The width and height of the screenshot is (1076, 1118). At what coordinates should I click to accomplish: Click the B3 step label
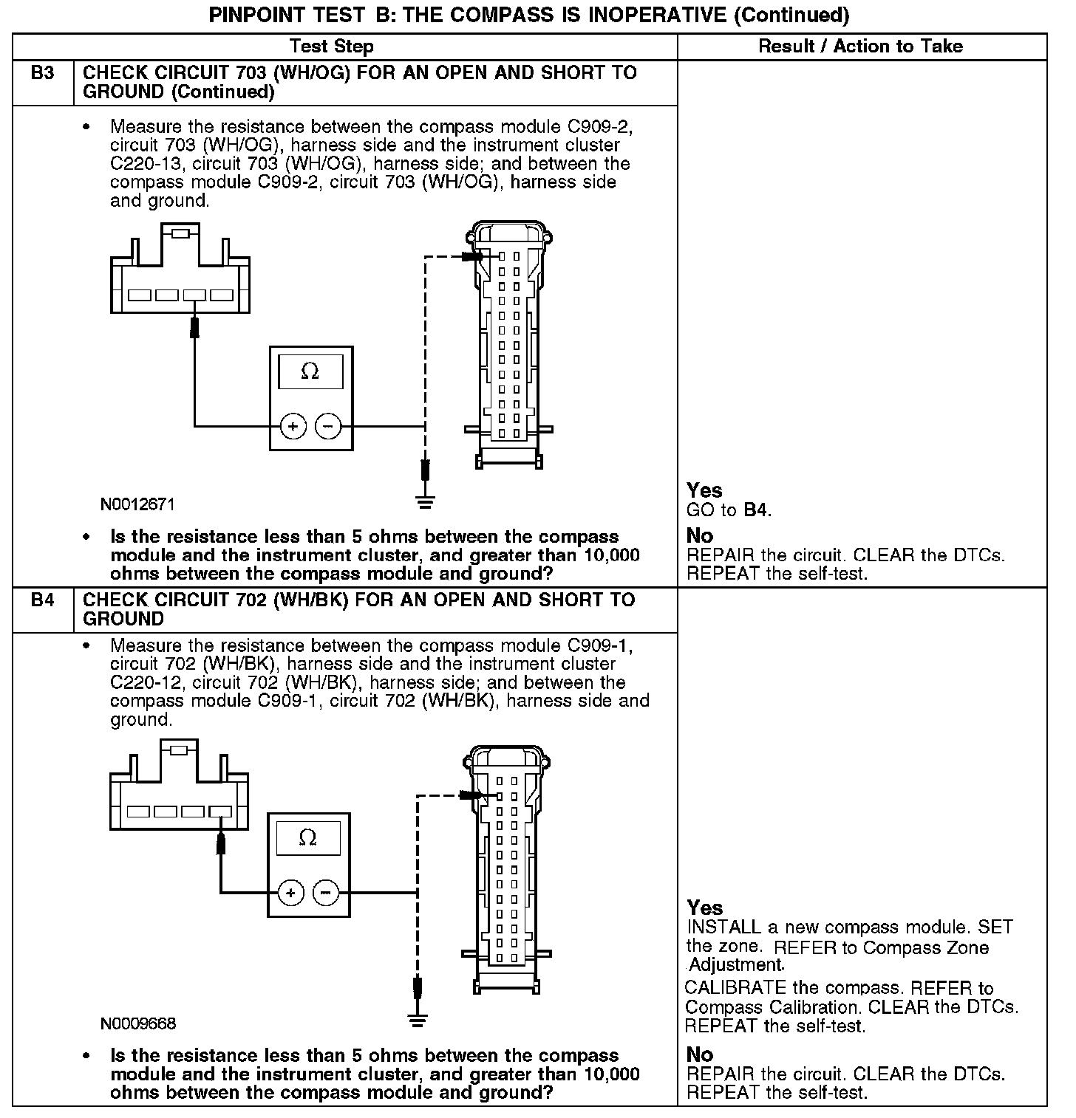[43, 73]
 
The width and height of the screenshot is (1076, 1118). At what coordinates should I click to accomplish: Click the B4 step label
[43, 600]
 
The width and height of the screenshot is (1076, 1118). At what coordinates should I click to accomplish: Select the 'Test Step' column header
[332, 47]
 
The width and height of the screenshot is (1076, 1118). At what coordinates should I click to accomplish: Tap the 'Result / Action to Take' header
[861, 47]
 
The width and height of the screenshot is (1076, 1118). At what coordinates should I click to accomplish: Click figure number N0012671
[138, 505]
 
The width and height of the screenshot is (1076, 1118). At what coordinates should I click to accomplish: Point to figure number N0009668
[138, 1023]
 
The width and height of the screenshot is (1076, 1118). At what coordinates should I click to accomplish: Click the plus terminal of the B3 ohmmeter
[293, 426]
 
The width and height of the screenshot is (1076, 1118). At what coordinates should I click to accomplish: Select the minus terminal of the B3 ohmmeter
[329, 426]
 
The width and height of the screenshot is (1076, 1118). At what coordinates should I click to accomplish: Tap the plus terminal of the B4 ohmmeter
[291, 894]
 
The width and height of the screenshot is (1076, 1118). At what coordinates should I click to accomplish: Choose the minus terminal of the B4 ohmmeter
[326, 894]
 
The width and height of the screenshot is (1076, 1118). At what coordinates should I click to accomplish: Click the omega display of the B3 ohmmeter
[310, 372]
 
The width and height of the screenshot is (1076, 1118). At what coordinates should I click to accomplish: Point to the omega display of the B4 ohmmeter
[308, 838]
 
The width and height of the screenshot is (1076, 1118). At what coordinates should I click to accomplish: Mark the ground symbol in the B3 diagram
[425, 503]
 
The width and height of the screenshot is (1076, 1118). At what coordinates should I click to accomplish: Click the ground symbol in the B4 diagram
[418, 1021]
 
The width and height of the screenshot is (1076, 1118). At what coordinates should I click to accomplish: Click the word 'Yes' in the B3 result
[704, 490]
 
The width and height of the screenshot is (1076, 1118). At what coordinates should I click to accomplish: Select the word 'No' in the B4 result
[700, 1054]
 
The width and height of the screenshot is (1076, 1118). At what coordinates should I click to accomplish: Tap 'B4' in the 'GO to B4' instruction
[755, 510]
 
